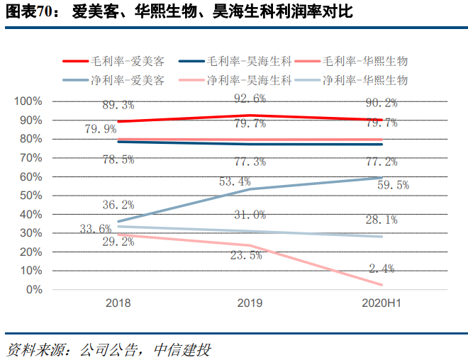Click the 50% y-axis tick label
[x=30, y=196]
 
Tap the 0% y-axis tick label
[x=33, y=290]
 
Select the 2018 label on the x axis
[x=118, y=303]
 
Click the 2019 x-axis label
[x=250, y=303]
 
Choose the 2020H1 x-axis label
[x=381, y=303]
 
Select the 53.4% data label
[x=235, y=182]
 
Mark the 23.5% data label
[x=246, y=254]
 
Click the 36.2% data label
[x=118, y=205]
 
